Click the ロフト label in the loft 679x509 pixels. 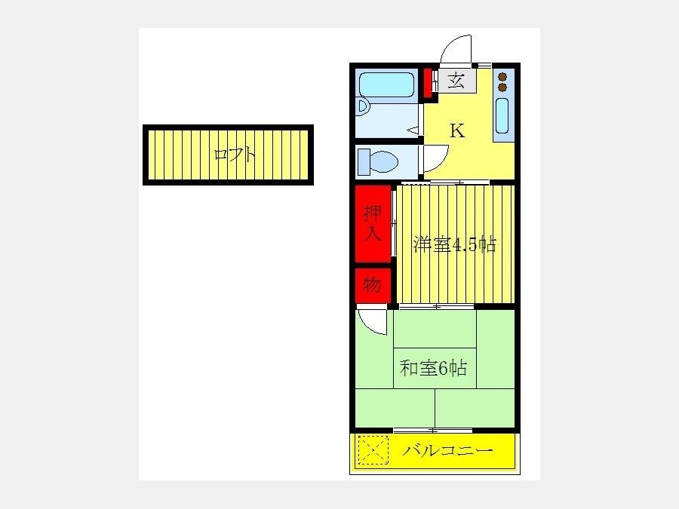pos(235,155)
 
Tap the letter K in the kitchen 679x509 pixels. pos(457,130)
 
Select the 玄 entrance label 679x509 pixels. pos(456,81)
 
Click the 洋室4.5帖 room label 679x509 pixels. pos(454,245)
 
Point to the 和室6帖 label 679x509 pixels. pos(433,368)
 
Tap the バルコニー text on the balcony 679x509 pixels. pos(447,451)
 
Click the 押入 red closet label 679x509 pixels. pos(373,223)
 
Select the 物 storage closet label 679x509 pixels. pos(373,285)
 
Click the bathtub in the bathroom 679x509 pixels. pos(386,84)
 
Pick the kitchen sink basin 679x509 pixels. pos(502,115)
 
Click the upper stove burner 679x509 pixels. pos(502,77)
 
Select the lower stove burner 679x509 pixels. pos(502,87)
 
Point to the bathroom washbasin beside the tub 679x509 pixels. pos(363,106)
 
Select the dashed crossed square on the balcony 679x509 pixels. pos(373,450)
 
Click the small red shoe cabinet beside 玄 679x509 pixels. pos(428,83)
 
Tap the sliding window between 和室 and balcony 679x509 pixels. pos(432,431)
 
